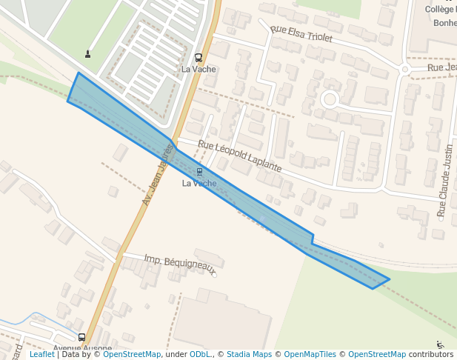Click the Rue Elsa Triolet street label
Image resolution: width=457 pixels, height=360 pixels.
click(301, 33)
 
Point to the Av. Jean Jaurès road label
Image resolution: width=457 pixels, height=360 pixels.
click(157, 175)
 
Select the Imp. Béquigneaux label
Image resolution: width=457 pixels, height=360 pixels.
click(180, 263)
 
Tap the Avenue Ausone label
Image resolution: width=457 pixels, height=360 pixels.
click(82, 348)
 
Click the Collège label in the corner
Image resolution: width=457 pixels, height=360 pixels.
click(441, 9)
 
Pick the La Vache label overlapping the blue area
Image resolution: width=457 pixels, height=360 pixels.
click(199, 183)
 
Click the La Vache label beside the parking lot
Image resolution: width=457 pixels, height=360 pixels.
click(199, 69)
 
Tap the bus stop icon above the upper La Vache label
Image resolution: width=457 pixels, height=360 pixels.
click(199, 58)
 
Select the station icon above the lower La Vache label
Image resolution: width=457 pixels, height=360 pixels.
click(199, 172)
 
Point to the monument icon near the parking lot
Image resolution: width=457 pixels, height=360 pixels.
click(88, 53)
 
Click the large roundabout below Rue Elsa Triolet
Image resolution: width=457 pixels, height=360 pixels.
click(330, 99)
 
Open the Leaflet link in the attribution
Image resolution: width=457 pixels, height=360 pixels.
click(41, 355)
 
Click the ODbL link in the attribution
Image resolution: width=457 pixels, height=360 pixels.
click(200, 355)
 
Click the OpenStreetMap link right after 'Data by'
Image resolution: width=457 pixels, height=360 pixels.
click(132, 355)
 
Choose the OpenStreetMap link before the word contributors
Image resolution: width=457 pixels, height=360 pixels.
click(377, 355)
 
